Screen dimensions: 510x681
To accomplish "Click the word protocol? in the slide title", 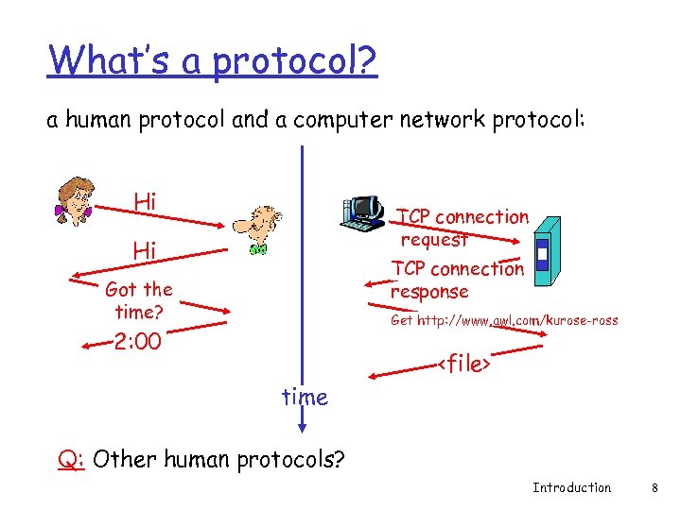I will (294, 61).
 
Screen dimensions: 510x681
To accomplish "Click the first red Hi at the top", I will (145, 201).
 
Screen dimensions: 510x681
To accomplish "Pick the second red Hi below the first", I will (145, 250).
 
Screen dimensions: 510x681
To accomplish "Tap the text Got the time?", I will (139, 300).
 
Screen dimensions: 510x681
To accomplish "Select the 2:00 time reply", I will (137, 341).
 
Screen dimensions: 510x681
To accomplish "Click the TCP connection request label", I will (463, 228).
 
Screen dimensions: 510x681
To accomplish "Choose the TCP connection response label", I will (458, 280).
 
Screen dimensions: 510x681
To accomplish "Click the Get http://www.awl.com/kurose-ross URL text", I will (504, 320).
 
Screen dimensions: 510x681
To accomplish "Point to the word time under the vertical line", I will (305, 398).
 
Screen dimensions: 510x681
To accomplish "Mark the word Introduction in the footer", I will (571, 487).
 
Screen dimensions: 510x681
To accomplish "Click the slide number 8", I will (654, 487).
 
